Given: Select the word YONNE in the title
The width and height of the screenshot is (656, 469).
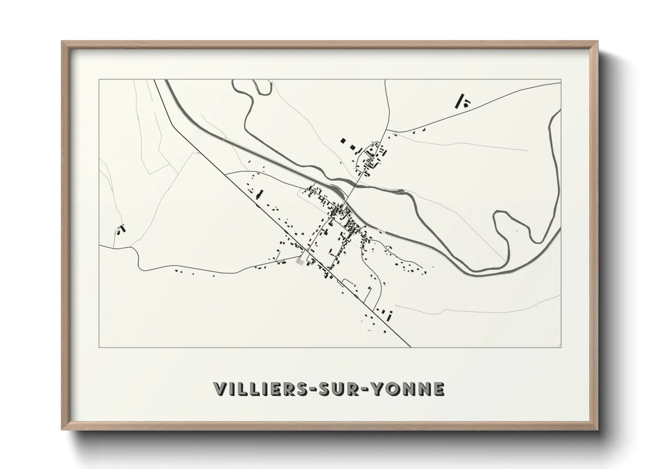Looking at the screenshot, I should pyautogui.click(x=408, y=389).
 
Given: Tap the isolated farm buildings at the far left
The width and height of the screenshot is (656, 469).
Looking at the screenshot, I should pyautogui.click(x=121, y=229).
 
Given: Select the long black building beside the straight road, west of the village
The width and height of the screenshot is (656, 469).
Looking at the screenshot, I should pyautogui.click(x=260, y=194).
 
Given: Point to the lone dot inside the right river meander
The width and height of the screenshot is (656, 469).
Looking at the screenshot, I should pyautogui.click(x=517, y=231).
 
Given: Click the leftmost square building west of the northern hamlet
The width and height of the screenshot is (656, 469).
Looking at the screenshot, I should pyautogui.click(x=343, y=141).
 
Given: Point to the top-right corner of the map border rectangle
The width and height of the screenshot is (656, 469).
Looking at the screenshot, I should pyautogui.click(x=561, y=80).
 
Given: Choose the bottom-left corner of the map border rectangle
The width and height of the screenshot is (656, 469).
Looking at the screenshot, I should pyautogui.click(x=99, y=347).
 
